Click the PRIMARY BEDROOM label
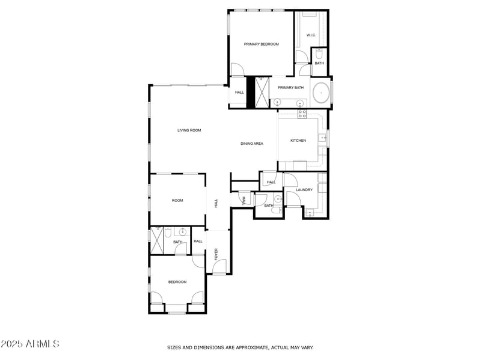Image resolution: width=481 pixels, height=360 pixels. coord(261,44)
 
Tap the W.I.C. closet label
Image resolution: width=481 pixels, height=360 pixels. coord(311,35)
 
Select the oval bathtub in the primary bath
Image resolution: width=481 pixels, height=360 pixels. coord(322,93)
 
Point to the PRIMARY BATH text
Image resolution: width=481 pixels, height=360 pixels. coord(290,88)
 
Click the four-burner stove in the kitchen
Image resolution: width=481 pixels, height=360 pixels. coord(302,113)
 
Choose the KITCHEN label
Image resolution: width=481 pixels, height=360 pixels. coord(298,141)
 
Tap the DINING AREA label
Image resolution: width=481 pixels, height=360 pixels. coord(252,144)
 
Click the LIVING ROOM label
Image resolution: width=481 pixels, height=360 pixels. coord(189,130)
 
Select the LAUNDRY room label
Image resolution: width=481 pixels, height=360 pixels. coord(304,190)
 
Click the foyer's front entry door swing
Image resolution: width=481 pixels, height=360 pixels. coord(221,266)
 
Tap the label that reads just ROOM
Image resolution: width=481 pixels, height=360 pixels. coord(177,201)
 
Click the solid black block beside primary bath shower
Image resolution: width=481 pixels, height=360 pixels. coord(251,93)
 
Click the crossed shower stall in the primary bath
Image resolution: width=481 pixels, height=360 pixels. coord(262,93)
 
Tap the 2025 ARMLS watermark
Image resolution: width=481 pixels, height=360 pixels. coord(30,344)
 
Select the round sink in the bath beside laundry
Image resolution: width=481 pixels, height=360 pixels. coord(278,199)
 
